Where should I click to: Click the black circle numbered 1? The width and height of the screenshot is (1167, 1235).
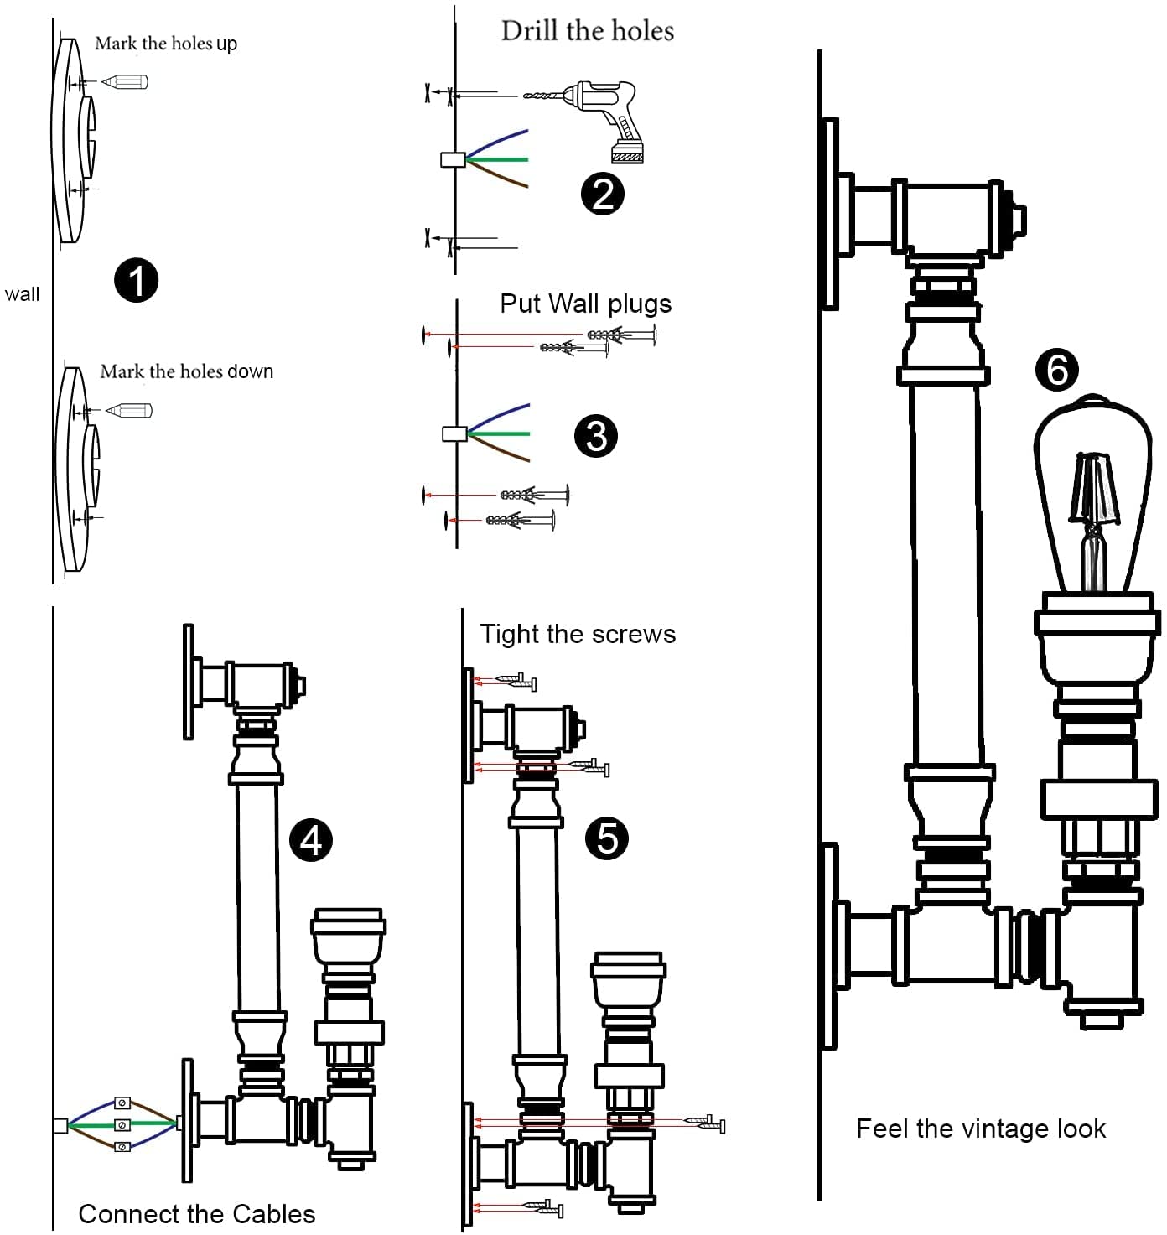click(136, 280)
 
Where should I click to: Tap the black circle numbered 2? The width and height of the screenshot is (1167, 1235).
click(603, 194)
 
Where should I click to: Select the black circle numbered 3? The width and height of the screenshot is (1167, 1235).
click(596, 436)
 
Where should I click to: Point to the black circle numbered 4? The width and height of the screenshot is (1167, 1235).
click(311, 840)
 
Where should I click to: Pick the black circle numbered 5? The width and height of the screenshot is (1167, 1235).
click(607, 838)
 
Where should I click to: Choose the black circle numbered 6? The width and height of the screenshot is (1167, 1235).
click(1056, 370)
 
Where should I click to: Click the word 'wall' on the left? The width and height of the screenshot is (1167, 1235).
click(22, 294)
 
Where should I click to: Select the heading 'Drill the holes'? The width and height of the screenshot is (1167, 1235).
click(587, 31)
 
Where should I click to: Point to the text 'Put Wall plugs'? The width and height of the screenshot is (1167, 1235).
click(585, 304)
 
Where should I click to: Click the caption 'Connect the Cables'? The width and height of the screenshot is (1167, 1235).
click(196, 1214)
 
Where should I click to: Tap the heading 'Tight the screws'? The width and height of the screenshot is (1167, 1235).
click(577, 634)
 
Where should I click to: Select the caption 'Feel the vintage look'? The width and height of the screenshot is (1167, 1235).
click(980, 1129)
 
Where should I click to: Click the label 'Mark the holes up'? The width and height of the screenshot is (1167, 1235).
click(165, 43)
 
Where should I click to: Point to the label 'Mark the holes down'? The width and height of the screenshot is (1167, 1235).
click(186, 371)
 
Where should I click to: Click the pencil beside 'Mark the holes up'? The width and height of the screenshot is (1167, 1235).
click(125, 82)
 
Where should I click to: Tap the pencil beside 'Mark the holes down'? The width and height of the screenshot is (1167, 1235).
click(129, 411)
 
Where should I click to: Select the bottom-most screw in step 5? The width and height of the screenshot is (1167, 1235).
click(545, 1208)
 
